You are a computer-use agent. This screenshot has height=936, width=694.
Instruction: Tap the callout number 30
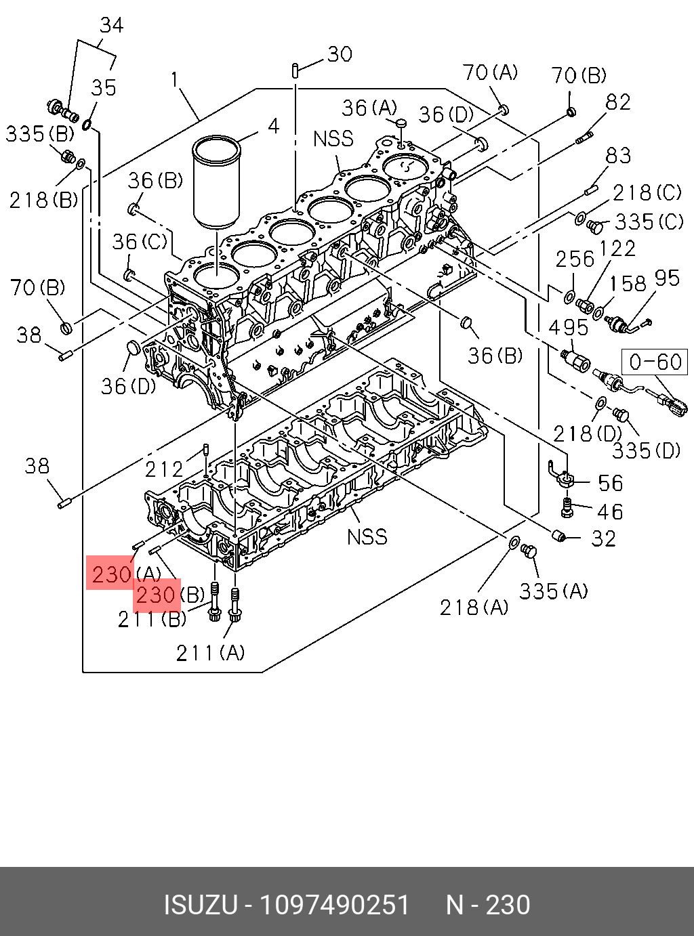(x=340, y=54)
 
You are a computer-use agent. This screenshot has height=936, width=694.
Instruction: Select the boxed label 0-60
(x=655, y=362)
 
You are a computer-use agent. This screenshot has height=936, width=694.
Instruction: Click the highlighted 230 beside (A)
(x=112, y=575)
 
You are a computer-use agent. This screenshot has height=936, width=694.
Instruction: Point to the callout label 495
(x=568, y=328)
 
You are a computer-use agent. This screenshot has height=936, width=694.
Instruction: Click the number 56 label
(x=610, y=483)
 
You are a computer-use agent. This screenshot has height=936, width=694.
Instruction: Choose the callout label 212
(x=164, y=469)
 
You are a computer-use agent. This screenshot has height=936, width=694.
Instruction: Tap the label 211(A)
(x=210, y=653)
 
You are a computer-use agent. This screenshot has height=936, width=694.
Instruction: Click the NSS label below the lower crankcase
(x=367, y=537)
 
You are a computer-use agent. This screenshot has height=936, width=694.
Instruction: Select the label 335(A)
(x=554, y=591)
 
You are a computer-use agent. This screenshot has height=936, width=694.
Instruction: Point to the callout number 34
(x=112, y=26)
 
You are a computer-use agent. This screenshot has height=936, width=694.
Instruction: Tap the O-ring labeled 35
(x=88, y=124)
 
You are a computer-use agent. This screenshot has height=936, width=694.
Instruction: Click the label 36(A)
(x=369, y=108)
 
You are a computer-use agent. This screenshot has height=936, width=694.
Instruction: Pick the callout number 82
(x=618, y=102)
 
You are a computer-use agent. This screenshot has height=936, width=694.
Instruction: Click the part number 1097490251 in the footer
(x=335, y=906)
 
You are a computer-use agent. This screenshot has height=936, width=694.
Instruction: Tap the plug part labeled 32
(x=559, y=537)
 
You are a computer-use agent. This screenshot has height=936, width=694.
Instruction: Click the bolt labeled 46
(x=568, y=506)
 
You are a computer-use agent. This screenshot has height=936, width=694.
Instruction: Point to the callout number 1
(x=175, y=80)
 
